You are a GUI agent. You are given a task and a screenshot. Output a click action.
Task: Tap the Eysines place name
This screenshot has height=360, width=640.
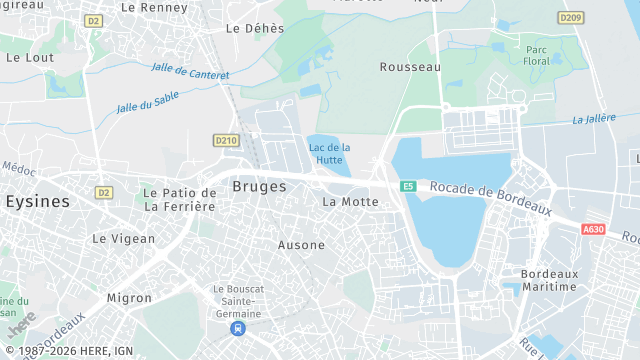click(38, 201)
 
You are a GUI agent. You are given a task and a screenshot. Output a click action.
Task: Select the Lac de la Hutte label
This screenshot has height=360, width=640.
click(329, 153)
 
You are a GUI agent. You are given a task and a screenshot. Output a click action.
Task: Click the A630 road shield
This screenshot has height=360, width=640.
click(593, 229)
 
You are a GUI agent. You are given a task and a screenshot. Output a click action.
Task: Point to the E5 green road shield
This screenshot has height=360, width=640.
click(408, 186)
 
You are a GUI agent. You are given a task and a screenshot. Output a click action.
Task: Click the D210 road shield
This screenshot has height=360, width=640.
click(225, 140)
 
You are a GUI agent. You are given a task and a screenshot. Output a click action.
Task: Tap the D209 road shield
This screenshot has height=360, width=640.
click(571, 17)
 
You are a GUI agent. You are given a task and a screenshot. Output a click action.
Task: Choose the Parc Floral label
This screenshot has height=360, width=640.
click(536, 55)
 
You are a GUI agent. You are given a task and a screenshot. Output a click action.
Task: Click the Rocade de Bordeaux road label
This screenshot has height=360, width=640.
click(491, 198)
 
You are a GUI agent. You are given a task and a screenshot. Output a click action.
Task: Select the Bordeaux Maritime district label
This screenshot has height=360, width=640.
click(549, 280)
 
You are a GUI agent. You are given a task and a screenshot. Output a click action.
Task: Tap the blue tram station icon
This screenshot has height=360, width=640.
click(237, 328)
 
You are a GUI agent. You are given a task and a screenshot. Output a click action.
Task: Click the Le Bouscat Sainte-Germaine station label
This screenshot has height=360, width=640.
click(237, 301)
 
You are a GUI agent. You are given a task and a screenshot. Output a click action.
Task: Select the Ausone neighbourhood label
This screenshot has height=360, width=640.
click(301, 245)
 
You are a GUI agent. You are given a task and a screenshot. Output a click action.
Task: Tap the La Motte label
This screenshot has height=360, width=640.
click(350, 201)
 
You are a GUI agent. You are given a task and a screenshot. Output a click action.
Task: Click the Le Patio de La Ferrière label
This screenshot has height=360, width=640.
click(179, 199)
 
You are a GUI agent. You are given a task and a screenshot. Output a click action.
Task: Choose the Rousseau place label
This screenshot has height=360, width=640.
click(410, 67)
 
